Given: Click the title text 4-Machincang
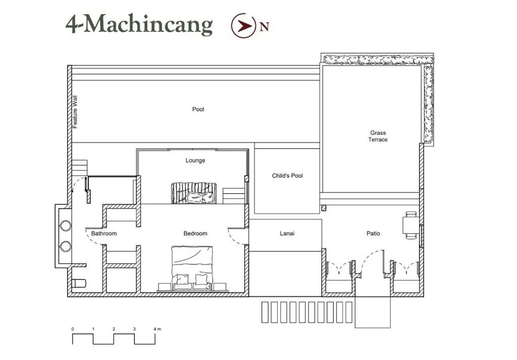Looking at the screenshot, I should tap(139, 24).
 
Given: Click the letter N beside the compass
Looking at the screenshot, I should tap(264, 27).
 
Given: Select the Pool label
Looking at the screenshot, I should tap(198, 110).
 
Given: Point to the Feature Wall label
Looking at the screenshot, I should tap(75, 112).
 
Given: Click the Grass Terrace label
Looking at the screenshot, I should tap(378, 136).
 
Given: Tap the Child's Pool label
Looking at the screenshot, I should tap(287, 176).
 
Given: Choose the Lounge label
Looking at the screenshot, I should tap(195, 161).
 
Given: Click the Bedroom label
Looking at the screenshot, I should tap(195, 233).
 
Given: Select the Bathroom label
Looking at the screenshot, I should tap(104, 233).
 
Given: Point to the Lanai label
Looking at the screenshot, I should tap(287, 233).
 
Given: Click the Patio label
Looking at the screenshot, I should tap(373, 233).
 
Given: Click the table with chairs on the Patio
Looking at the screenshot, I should tap(410, 225).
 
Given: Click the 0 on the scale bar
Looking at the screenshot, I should tap(73, 329).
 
